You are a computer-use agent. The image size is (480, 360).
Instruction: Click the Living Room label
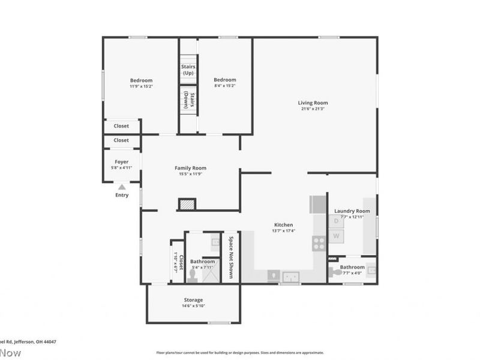click(x=313, y=103)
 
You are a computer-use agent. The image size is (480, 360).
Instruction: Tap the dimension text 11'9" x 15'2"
click(x=141, y=86)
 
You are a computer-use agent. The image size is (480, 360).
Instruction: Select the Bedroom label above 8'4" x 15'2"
click(x=225, y=80)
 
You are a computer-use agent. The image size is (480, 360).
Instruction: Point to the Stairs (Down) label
click(x=188, y=100)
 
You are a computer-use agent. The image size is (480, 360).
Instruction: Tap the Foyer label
click(x=122, y=161)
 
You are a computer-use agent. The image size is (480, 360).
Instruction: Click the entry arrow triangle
click(x=122, y=187)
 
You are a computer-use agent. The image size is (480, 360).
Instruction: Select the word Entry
click(x=122, y=195)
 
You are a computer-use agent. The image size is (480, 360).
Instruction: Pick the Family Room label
click(x=190, y=168)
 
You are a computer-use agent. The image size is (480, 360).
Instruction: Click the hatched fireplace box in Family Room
click(x=187, y=205)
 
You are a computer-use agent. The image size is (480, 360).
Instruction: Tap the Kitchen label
click(x=284, y=224)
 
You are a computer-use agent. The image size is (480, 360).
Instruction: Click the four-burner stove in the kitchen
click(x=319, y=243)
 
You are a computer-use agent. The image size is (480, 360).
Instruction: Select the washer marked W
click(x=337, y=236)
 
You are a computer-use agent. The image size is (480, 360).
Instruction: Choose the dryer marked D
click(x=337, y=221)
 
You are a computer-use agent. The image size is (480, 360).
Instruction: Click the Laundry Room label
click(x=352, y=211)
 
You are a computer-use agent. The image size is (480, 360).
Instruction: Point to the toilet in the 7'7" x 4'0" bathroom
click(x=335, y=272)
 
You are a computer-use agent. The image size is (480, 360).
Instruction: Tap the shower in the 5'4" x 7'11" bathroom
click(x=211, y=275)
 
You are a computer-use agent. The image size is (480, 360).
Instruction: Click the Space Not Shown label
click(x=230, y=256)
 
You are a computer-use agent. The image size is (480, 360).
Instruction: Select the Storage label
click(x=193, y=299)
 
